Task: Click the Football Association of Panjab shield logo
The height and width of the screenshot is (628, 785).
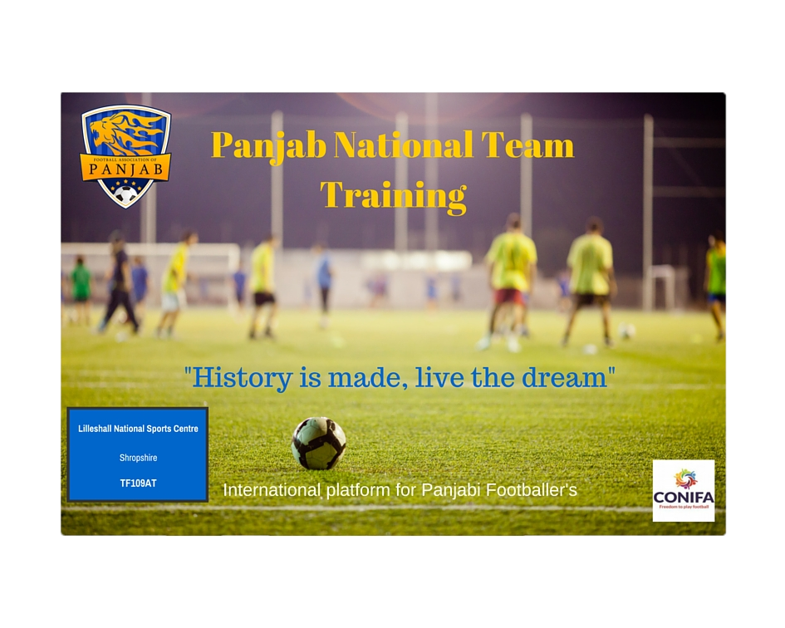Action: [x=125, y=156]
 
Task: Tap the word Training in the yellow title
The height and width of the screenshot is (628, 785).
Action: [x=394, y=196]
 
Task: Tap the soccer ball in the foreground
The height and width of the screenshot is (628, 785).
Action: [x=319, y=444]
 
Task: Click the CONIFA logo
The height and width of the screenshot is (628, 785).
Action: [x=684, y=491]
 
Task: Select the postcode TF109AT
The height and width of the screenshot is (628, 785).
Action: [x=138, y=483]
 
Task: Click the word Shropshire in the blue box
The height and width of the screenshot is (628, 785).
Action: [x=138, y=458]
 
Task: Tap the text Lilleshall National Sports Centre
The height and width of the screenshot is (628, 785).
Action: [x=138, y=429]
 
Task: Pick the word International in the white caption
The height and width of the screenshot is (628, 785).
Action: [x=272, y=489]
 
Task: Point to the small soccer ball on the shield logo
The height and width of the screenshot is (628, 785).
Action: [x=125, y=194]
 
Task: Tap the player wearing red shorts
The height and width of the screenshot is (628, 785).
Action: [x=510, y=282]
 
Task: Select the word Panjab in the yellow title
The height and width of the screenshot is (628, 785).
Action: [x=269, y=146]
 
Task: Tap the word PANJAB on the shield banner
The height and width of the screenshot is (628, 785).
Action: [x=125, y=169]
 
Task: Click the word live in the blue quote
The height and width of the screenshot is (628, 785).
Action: [x=439, y=377]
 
